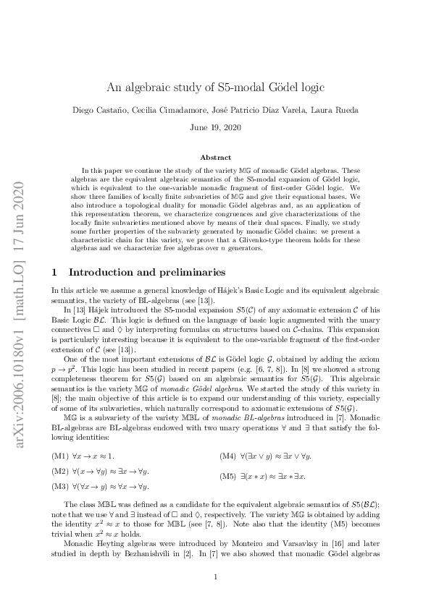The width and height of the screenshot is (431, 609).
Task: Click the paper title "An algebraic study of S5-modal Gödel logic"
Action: [215, 88]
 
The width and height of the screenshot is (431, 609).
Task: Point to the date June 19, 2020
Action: [215, 127]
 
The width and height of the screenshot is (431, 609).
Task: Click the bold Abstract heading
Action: [215, 157]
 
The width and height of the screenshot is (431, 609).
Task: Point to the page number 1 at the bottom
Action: [215, 576]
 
